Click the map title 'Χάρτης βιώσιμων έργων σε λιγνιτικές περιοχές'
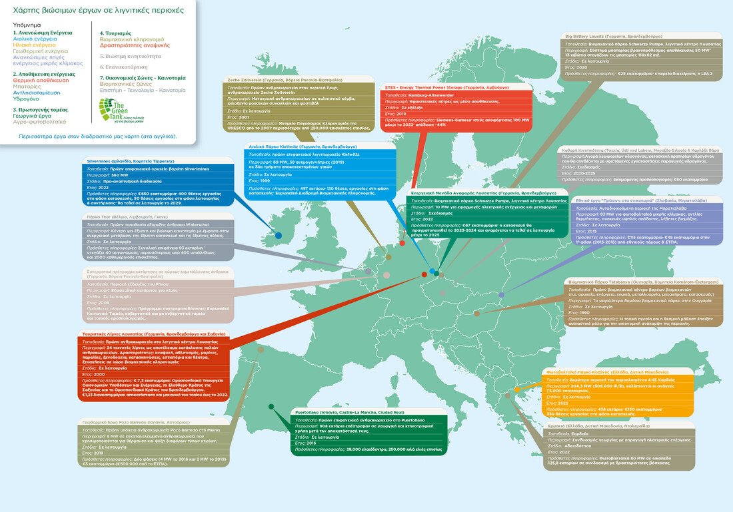click(x=88, y=11)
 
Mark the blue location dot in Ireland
click(x=278, y=236)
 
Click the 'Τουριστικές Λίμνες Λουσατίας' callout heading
click(x=154, y=333)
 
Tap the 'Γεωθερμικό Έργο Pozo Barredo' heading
click(x=138, y=422)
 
